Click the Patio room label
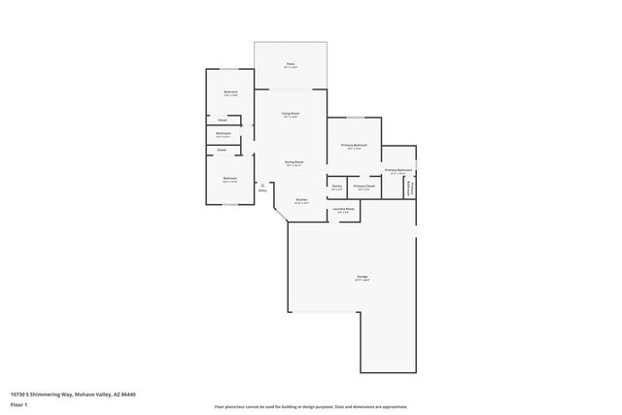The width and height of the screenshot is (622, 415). click(290, 64)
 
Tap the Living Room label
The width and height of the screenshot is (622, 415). click(290, 113)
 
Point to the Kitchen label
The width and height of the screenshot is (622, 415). click(301, 200)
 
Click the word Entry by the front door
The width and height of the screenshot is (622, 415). click(262, 190)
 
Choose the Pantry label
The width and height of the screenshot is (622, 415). click(336, 186)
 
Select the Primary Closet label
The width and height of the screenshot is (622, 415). click(364, 186)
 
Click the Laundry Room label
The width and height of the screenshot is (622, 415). click(344, 209)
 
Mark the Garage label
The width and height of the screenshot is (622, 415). click(362, 277)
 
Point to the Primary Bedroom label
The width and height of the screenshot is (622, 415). click(353, 145)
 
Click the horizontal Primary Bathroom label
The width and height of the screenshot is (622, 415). click(398, 170)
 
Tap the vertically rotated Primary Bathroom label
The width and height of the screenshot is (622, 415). click(410, 187)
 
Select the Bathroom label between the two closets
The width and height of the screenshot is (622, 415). click(224, 133)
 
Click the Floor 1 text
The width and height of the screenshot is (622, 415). click(19, 403)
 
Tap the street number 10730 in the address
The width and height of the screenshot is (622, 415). click(17, 394)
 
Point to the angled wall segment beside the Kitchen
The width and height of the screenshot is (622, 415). click(280, 214)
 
